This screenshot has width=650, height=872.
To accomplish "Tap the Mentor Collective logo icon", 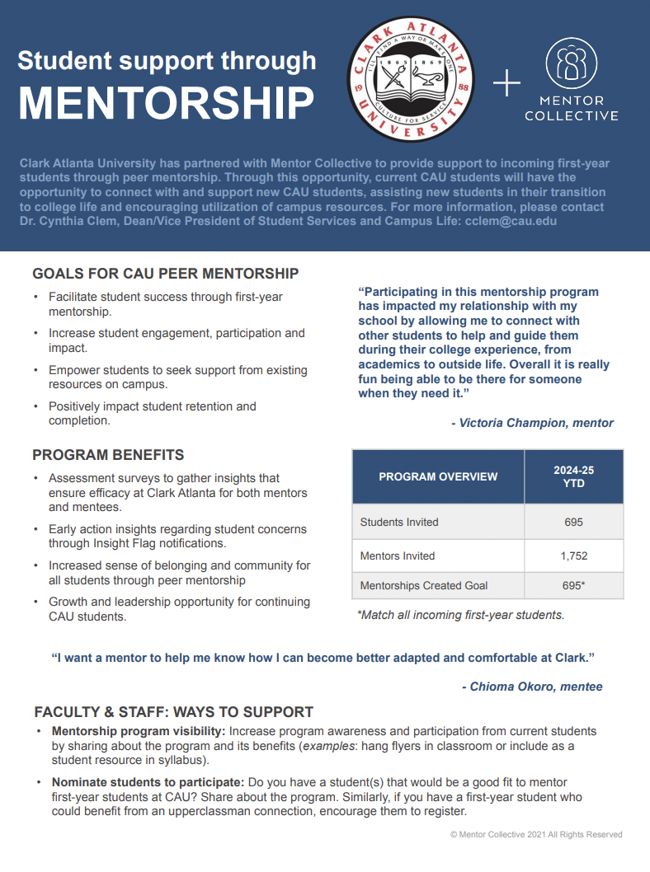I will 571,64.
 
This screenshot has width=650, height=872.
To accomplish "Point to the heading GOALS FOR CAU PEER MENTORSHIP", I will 165,274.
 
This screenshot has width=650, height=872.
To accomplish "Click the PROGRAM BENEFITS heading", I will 108,455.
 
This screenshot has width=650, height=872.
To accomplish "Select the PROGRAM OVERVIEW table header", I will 438,476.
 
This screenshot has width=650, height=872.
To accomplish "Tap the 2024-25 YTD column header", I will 573,476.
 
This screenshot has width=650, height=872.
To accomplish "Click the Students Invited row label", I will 399,522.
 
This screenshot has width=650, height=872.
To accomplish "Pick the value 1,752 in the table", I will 573,556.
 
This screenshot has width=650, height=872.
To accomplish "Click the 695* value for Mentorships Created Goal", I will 573,585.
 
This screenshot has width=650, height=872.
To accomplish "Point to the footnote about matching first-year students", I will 460,615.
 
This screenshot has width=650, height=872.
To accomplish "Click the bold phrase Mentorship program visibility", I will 138,731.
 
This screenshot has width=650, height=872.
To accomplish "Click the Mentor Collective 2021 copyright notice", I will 536,835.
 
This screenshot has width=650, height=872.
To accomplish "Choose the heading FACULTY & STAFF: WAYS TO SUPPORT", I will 174,712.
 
